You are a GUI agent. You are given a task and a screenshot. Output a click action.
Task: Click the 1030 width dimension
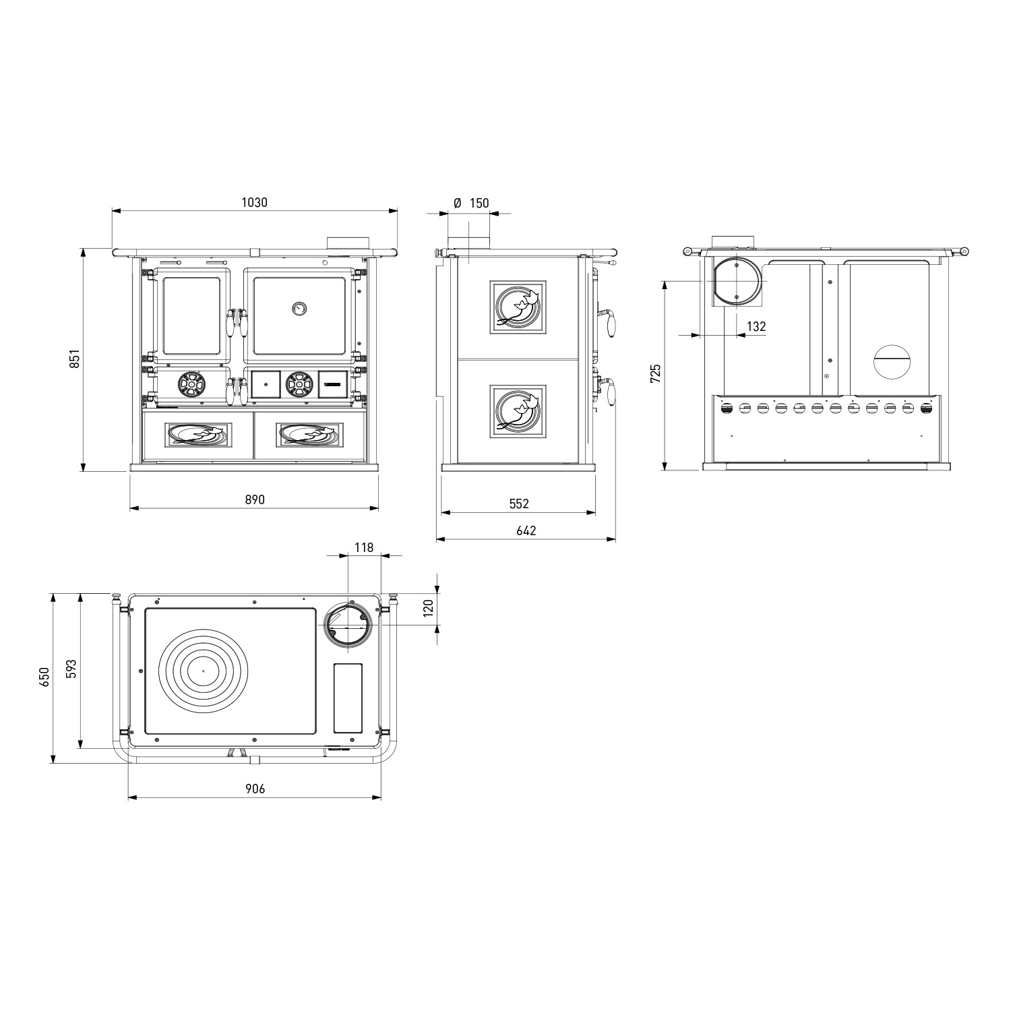pos(254,202)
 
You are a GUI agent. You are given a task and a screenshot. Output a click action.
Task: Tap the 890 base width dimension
pos(254,499)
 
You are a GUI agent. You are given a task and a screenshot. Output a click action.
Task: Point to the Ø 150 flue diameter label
pos(471,203)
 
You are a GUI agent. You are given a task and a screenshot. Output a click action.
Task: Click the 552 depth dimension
pos(519,503)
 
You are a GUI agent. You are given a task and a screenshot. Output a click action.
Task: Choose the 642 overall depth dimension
pos(526,530)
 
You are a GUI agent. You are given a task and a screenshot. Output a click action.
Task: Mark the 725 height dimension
pos(656,373)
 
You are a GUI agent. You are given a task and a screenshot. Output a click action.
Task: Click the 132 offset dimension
pos(756,326)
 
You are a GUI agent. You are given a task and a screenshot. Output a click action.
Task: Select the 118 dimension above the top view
pos(364,547)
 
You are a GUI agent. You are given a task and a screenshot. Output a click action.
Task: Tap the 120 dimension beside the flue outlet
pos(427,609)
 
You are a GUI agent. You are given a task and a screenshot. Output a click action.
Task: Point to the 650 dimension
pos(44,677)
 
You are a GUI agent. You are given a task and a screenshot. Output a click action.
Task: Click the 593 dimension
pos(71,669)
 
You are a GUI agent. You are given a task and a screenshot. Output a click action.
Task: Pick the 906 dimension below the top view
pos(254,789)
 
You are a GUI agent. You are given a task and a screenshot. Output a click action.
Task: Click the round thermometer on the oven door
pos(299,308)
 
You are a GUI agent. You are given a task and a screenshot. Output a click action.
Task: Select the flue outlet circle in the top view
pos(347,625)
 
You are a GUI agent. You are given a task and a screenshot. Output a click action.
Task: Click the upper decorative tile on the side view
pos(518,307)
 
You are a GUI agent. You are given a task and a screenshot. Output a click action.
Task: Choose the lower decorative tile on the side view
pos(518,412)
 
